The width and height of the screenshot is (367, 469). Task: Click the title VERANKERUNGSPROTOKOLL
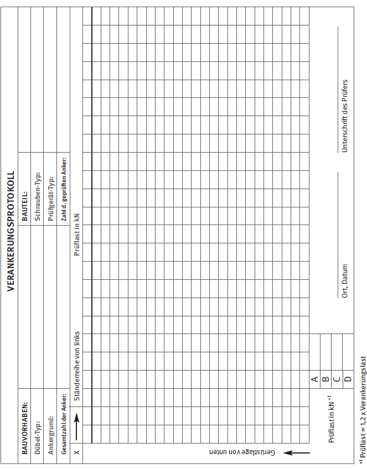(11, 231)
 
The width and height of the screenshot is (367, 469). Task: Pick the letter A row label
(314, 379)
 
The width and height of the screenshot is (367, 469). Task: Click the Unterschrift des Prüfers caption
(344, 115)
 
